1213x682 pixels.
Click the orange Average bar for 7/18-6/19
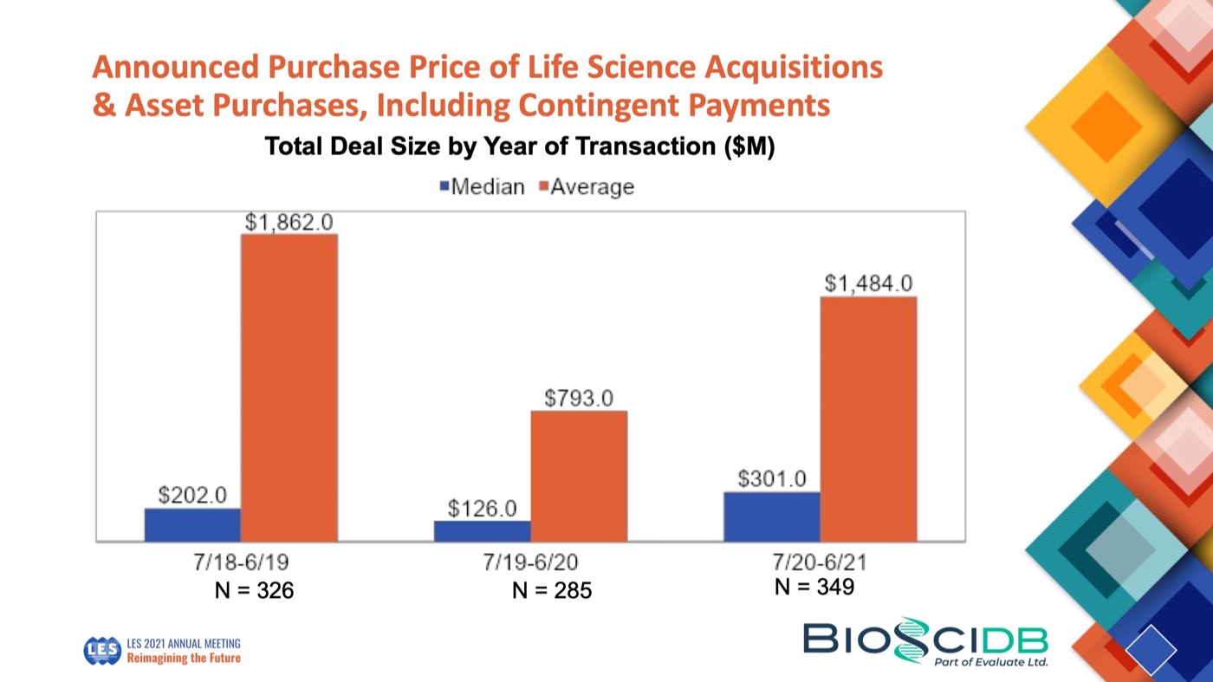click(289, 387)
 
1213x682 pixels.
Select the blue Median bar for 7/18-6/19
click(192, 524)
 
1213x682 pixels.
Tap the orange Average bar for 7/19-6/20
click(579, 476)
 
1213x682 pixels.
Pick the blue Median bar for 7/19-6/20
click(482, 530)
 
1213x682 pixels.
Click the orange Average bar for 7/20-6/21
click(868, 419)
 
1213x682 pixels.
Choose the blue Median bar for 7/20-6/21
click(771, 516)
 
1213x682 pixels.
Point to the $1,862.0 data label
click(289, 222)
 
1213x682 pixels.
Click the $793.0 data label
click(579, 398)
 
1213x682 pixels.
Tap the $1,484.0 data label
click(868, 283)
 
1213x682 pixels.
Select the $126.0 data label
click(482, 508)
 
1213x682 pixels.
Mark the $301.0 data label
click(771, 478)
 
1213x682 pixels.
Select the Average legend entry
click(587, 186)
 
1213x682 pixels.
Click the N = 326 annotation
click(254, 591)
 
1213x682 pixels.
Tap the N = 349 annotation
click(814, 587)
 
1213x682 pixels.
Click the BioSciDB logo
click(925, 642)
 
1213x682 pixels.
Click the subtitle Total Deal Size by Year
click(520, 146)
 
